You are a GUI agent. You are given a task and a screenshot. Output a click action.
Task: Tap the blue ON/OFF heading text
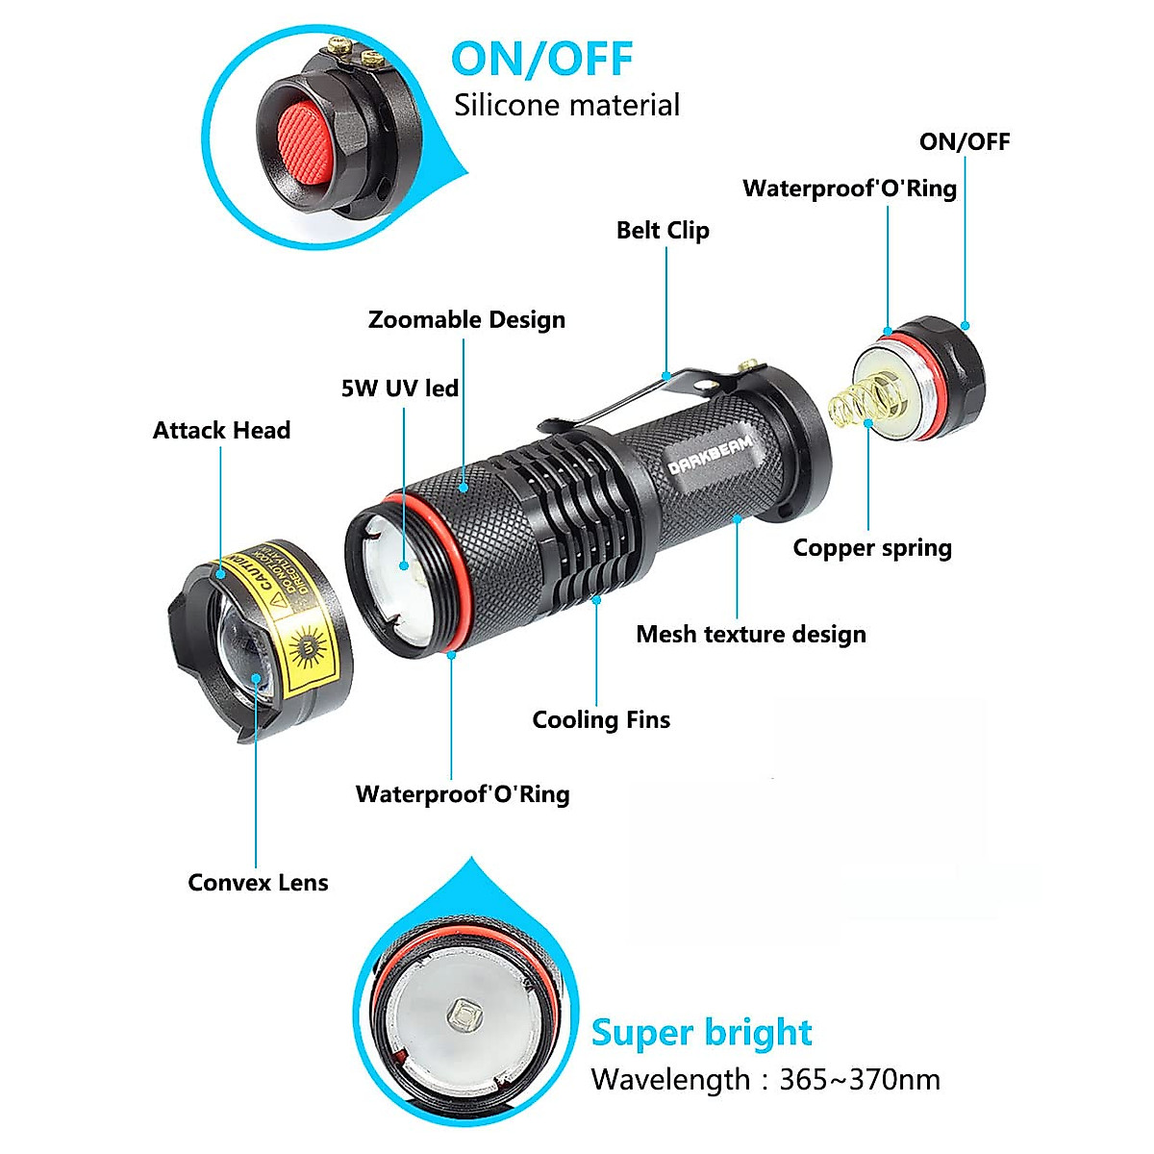(x=541, y=59)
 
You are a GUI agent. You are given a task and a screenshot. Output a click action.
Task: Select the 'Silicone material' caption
(x=566, y=105)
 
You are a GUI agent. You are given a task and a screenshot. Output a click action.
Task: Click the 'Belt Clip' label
(x=663, y=231)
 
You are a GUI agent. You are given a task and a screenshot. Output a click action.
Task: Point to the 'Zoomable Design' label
(x=466, y=320)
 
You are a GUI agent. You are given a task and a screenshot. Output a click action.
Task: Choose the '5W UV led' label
(x=400, y=389)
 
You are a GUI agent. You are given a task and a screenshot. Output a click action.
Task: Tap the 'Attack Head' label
(x=221, y=431)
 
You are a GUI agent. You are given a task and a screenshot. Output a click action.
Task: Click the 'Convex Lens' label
(x=258, y=883)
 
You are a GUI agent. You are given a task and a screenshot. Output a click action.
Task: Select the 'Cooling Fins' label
(x=601, y=720)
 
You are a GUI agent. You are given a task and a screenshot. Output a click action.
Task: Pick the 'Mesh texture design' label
(x=751, y=635)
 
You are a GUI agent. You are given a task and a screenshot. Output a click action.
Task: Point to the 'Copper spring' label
(x=872, y=548)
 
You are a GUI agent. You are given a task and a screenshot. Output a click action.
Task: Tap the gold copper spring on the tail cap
(x=859, y=401)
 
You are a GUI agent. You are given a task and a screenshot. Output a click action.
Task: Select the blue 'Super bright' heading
(x=701, y=1033)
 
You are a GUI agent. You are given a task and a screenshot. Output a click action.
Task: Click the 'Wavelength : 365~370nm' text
(x=765, y=1080)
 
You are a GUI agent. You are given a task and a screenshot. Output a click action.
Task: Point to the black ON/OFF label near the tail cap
(x=965, y=142)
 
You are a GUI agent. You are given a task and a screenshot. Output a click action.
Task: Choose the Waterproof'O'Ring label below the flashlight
(x=463, y=794)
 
